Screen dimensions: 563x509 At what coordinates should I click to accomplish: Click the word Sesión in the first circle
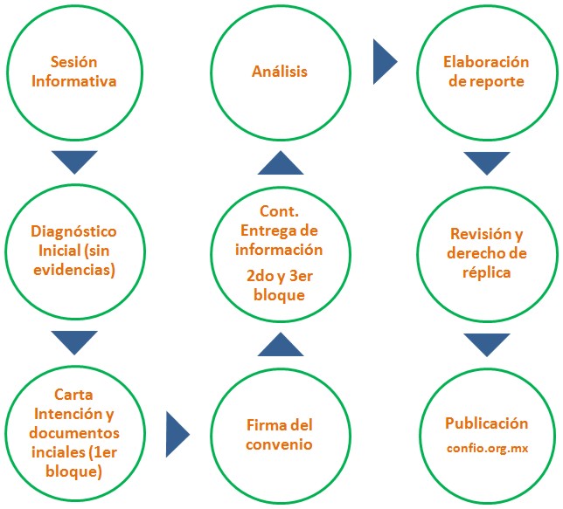coord(73,62)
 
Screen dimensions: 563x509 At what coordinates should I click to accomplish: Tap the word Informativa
coord(74,81)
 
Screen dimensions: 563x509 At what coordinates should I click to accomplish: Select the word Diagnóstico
coord(73,232)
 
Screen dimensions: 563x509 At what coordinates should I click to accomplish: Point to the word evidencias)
coord(74,270)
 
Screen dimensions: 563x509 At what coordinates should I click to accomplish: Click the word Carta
coord(73,395)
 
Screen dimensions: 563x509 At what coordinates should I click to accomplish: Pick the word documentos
coord(74,432)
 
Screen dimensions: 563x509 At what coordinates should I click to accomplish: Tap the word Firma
coord(263,425)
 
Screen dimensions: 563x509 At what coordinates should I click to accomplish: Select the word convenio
coord(279,444)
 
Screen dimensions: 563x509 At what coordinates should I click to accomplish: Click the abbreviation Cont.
coord(279,211)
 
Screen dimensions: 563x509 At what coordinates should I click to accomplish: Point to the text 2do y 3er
coord(280,276)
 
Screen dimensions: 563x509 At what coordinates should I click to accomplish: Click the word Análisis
coord(280,72)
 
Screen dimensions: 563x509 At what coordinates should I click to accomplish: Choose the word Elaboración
coord(486,62)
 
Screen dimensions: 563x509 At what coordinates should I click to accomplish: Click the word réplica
coord(487,272)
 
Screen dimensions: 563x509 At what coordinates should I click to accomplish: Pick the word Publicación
coord(487,423)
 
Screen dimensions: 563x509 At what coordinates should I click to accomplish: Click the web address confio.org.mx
coord(487,449)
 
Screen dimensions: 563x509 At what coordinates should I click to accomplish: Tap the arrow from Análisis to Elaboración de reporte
coord(386,62)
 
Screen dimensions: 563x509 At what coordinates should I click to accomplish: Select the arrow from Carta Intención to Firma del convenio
coord(177,434)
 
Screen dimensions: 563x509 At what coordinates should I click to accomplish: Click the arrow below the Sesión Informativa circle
coord(74,162)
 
